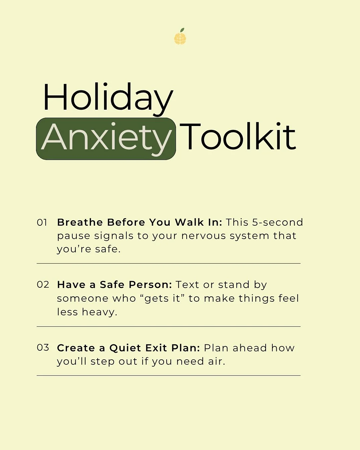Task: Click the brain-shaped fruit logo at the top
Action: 180,37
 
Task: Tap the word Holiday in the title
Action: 108,97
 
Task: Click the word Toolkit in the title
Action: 238,137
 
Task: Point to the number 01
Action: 42,223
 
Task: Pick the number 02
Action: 43,285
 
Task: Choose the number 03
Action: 43,348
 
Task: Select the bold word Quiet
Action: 125,348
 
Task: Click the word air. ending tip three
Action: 217,362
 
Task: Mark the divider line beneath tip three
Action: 168,376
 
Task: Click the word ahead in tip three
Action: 250,348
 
